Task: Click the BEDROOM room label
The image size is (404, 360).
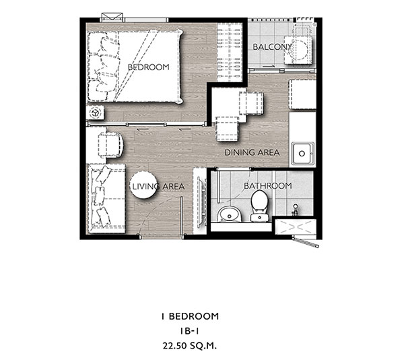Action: pyautogui.click(x=149, y=67)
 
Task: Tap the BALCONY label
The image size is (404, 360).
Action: pyautogui.click(x=272, y=47)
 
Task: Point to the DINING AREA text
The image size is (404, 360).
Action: pyautogui.click(x=252, y=152)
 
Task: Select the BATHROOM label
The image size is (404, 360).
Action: pyautogui.click(x=268, y=185)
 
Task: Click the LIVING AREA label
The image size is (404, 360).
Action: pyautogui.click(x=158, y=187)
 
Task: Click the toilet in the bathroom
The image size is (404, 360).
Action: pyautogui.click(x=260, y=206)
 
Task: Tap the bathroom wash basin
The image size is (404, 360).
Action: pyautogui.click(x=230, y=214)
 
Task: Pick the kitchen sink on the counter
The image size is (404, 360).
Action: pyautogui.click(x=303, y=154)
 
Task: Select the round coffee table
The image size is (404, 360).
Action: pyautogui.click(x=143, y=185)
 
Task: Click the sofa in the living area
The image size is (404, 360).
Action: pyautogui.click(x=106, y=199)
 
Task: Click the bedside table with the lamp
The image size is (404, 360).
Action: pyautogui.click(x=95, y=113)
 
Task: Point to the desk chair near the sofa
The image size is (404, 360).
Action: pyautogui.click(x=111, y=145)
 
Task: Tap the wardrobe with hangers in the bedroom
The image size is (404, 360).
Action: pyautogui.click(x=230, y=53)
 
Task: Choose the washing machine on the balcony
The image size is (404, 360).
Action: pyautogui.click(x=298, y=50)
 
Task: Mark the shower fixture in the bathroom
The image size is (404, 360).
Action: pyautogui.click(x=296, y=210)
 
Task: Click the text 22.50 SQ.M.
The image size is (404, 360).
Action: pyautogui.click(x=190, y=346)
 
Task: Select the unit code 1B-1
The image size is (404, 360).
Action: pyautogui.click(x=189, y=331)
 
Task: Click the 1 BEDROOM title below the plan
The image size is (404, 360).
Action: pyautogui.click(x=190, y=316)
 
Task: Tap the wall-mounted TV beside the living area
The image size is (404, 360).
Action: pyautogui.click(x=202, y=202)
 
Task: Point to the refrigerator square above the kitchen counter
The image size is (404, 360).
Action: pyautogui.click(x=302, y=94)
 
